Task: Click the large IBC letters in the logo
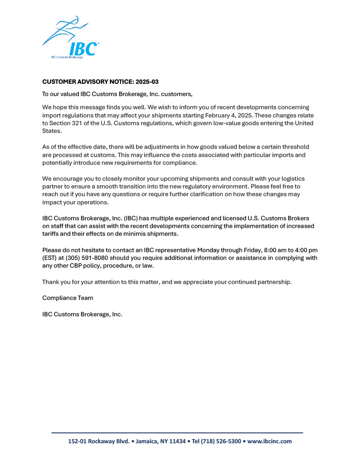tap(83, 48)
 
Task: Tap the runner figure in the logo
tap(68, 28)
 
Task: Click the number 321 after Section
tap(79, 123)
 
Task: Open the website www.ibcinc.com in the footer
tap(269, 441)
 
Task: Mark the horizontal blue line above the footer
tap(177, 432)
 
